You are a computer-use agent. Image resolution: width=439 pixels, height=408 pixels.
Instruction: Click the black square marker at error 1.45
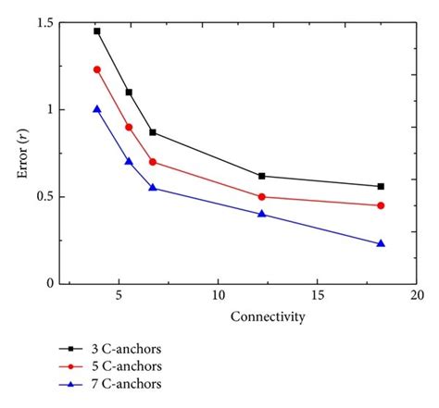(x=97, y=31)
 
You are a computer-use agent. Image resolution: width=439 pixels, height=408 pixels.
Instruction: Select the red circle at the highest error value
(x=97, y=69)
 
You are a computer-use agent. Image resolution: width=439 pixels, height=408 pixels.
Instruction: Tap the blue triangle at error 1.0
(x=97, y=109)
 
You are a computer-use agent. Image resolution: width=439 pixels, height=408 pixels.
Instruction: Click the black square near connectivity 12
(x=262, y=176)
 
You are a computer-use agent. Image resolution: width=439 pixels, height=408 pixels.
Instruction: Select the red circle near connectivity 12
(x=262, y=196)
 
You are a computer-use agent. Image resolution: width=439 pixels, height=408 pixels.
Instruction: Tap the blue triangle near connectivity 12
(x=262, y=214)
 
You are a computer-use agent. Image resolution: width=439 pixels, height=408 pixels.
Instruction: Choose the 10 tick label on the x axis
(x=218, y=297)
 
